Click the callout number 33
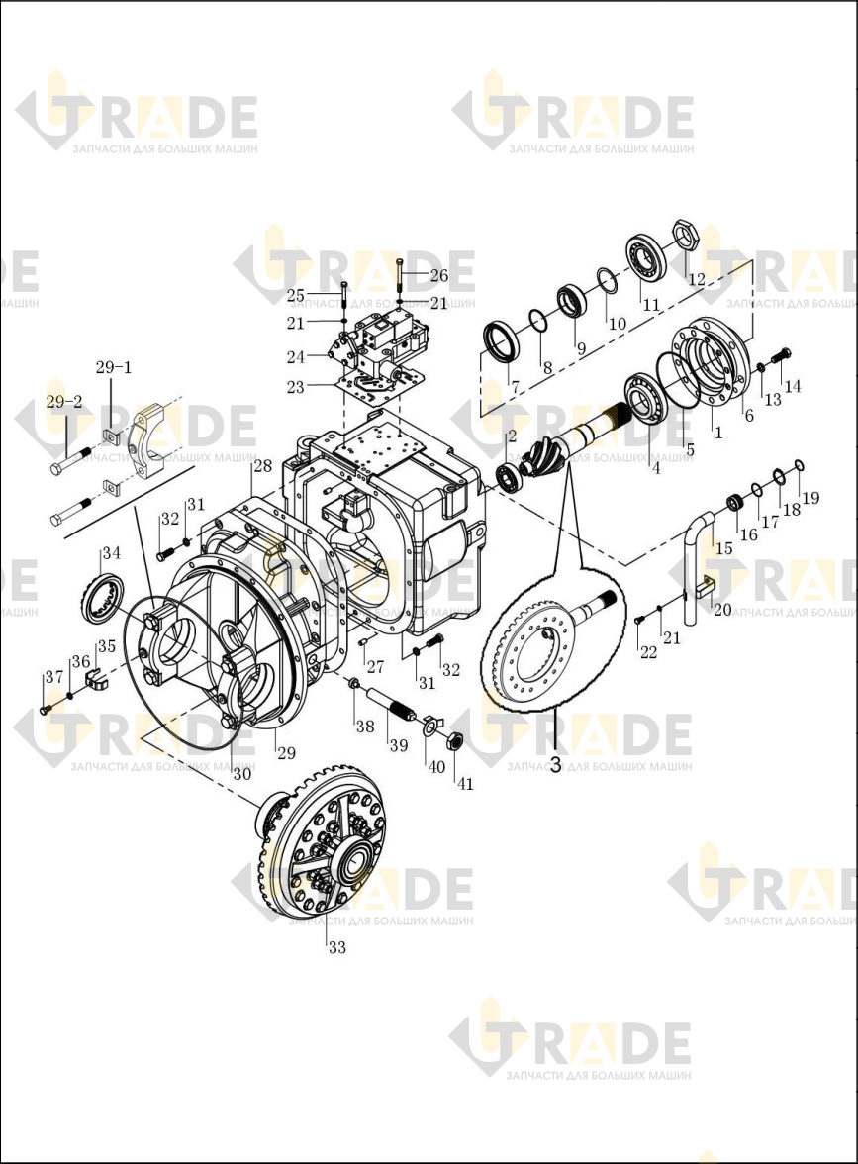click(x=336, y=947)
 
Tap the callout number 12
click(x=697, y=279)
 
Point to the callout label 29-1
click(x=114, y=367)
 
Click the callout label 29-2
click(x=64, y=402)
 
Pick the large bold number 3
click(x=555, y=764)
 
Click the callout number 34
click(x=111, y=553)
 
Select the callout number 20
click(x=722, y=610)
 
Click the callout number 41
click(x=465, y=783)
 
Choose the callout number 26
click(x=439, y=275)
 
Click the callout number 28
click(x=263, y=466)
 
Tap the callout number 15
click(x=723, y=548)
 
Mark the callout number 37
click(x=54, y=677)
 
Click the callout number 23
click(x=295, y=387)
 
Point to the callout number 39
click(x=399, y=744)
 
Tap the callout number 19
click(x=810, y=497)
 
